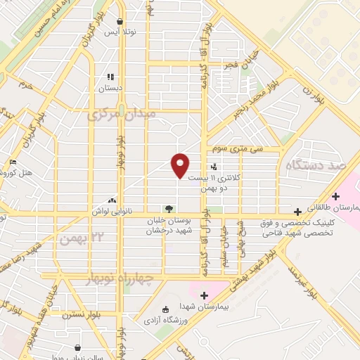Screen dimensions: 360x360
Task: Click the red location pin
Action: point(180,165)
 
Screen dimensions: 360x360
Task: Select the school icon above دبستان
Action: point(110,77)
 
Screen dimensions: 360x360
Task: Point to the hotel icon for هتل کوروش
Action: point(13,162)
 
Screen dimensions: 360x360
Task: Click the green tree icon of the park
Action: point(167,208)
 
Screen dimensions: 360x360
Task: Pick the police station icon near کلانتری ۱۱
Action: point(213,166)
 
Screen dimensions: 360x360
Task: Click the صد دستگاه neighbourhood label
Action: point(323,165)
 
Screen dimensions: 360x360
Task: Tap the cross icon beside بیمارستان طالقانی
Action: point(298,210)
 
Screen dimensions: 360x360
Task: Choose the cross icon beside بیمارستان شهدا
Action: point(205,295)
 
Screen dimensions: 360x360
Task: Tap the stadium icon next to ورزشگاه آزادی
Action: point(165,310)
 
